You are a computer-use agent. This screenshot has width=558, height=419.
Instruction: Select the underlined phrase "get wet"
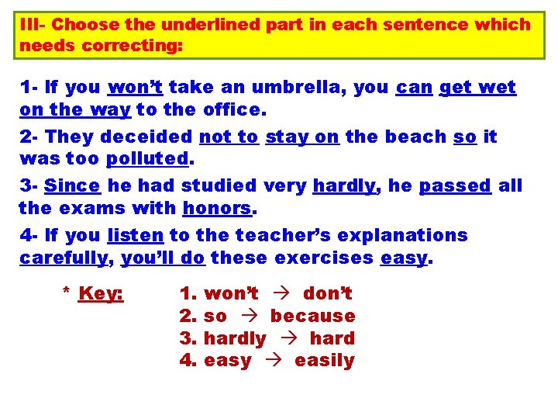(x=477, y=88)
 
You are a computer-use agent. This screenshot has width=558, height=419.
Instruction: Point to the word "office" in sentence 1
(x=232, y=109)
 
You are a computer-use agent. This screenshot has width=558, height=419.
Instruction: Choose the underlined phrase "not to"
(x=229, y=137)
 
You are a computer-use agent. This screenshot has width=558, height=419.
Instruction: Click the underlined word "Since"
(x=73, y=186)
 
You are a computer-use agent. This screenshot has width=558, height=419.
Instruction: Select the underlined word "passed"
(x=455, y=186)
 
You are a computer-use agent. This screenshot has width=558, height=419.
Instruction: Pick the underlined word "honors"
(x=218, y=208)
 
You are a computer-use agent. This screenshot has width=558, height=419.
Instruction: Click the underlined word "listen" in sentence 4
(x=135, y=235)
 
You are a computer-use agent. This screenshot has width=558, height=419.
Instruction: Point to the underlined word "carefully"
(x=63, y=258)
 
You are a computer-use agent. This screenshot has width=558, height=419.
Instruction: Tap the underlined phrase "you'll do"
(x=163, y=258)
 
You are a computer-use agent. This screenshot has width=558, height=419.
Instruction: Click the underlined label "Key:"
(x=101, y=294)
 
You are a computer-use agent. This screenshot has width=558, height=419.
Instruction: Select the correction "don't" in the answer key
(x=328, y=294)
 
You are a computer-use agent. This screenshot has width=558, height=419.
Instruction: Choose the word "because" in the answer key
(x=312, y=317)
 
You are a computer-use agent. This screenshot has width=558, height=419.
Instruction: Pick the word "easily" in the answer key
(x=324, y=361)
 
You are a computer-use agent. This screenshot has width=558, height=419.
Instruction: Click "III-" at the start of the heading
(x=33, y=24)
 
